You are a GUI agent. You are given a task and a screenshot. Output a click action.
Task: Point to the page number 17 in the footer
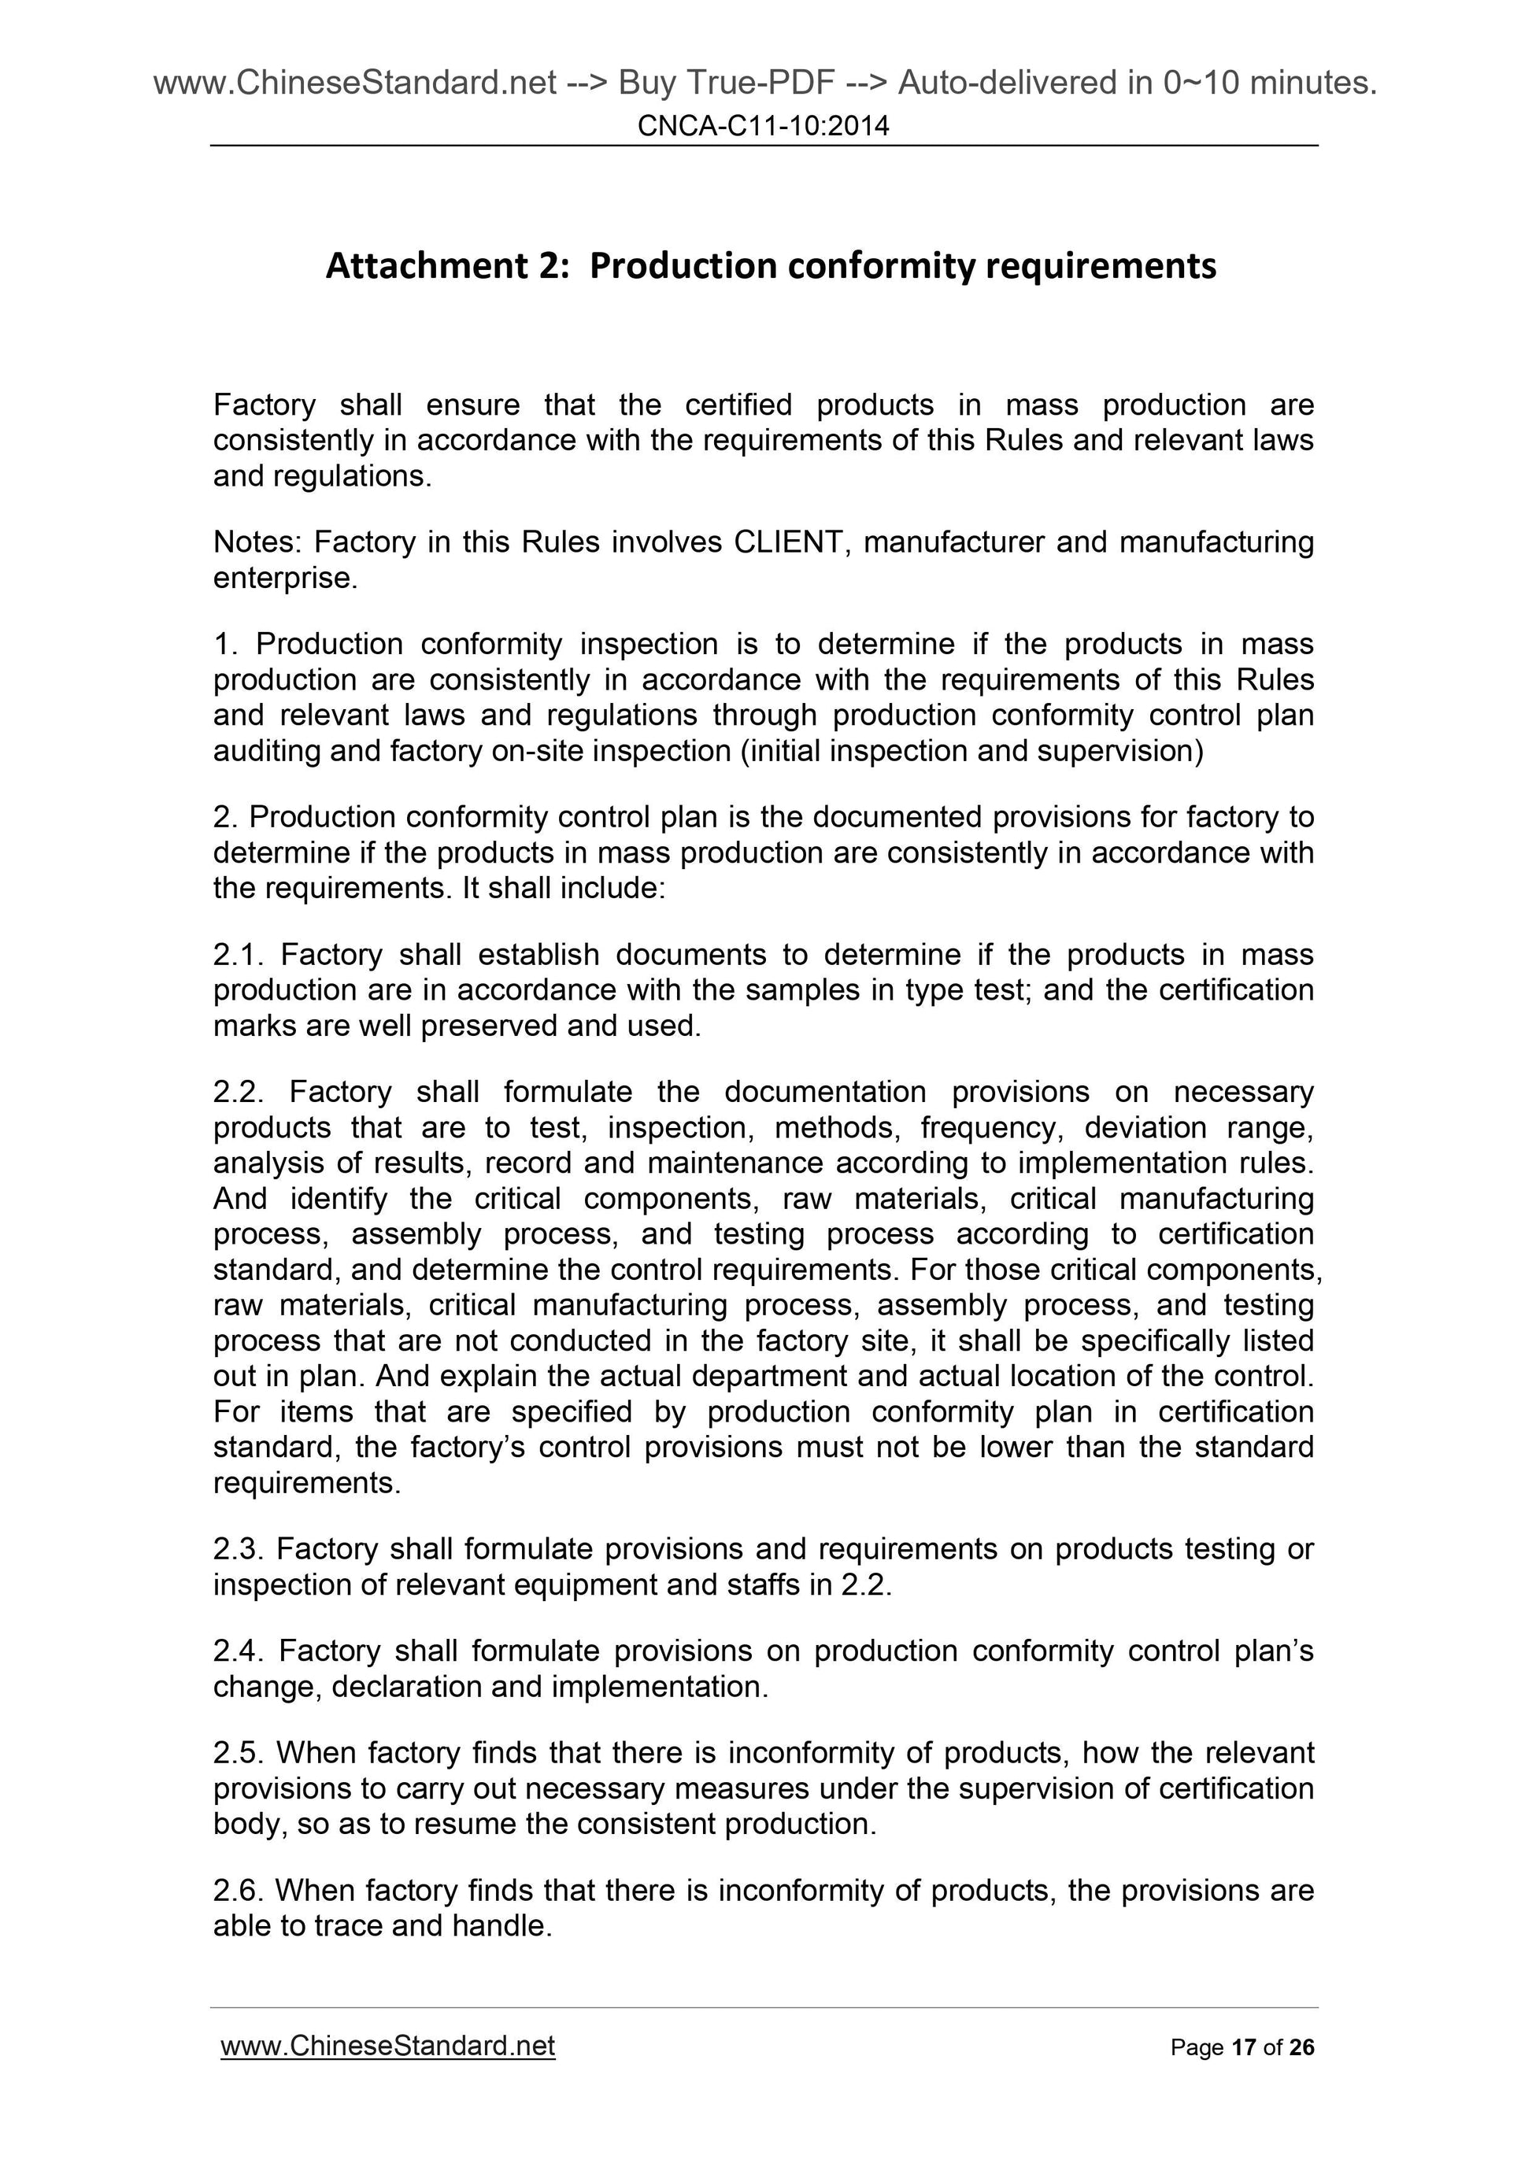point(1243,2047)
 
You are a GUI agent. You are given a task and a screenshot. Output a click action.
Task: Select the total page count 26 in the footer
point(1301,2047)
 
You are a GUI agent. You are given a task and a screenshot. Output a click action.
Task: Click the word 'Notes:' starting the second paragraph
point(256,542)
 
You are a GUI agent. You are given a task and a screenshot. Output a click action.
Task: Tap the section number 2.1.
point(240,955)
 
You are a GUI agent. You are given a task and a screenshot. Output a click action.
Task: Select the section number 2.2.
point(240,1092)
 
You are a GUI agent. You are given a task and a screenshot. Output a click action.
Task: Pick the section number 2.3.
point(240,1549)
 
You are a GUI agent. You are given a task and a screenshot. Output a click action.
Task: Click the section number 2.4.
point(240,1651)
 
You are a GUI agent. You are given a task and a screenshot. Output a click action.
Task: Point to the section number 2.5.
point(240,1753)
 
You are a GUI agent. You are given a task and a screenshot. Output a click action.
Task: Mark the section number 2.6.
point(240,1891)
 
